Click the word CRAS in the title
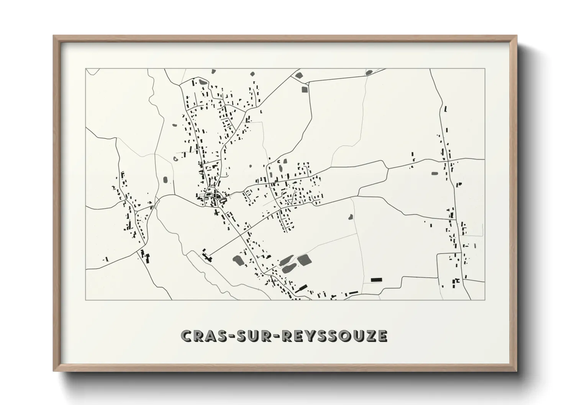point(200,336)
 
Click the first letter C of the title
point(186,336)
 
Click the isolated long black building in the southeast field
point(377,280)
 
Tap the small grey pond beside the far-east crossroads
point(434,173)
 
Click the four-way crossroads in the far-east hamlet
point(448,160)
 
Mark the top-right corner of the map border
point(485,69)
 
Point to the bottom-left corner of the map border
point(85,300)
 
